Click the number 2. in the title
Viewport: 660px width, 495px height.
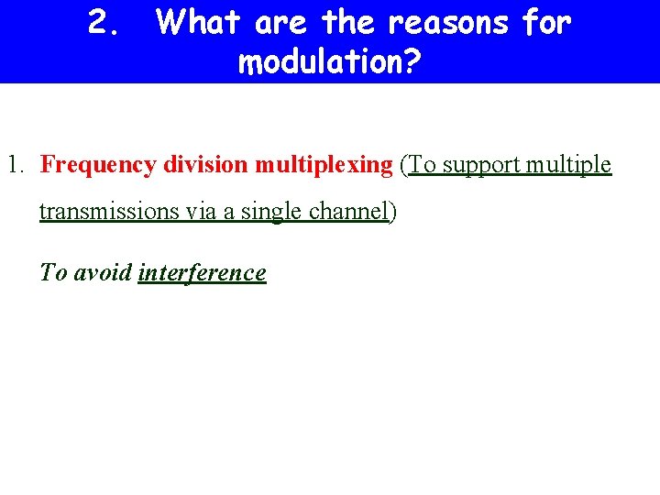coord(104,23)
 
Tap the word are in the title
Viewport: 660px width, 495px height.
coord(281,23)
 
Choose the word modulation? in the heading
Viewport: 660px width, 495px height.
coord(329,62)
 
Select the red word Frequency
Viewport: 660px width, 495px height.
coord(99,165)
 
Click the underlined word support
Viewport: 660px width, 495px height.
coord(481,165)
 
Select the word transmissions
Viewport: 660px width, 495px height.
coord(110,212)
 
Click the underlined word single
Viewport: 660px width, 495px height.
coord(270,212)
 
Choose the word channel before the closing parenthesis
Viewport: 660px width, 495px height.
coord(348,212)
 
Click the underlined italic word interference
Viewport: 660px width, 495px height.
coord(202,273)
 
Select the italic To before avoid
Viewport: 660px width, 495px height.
coord(53,273)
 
